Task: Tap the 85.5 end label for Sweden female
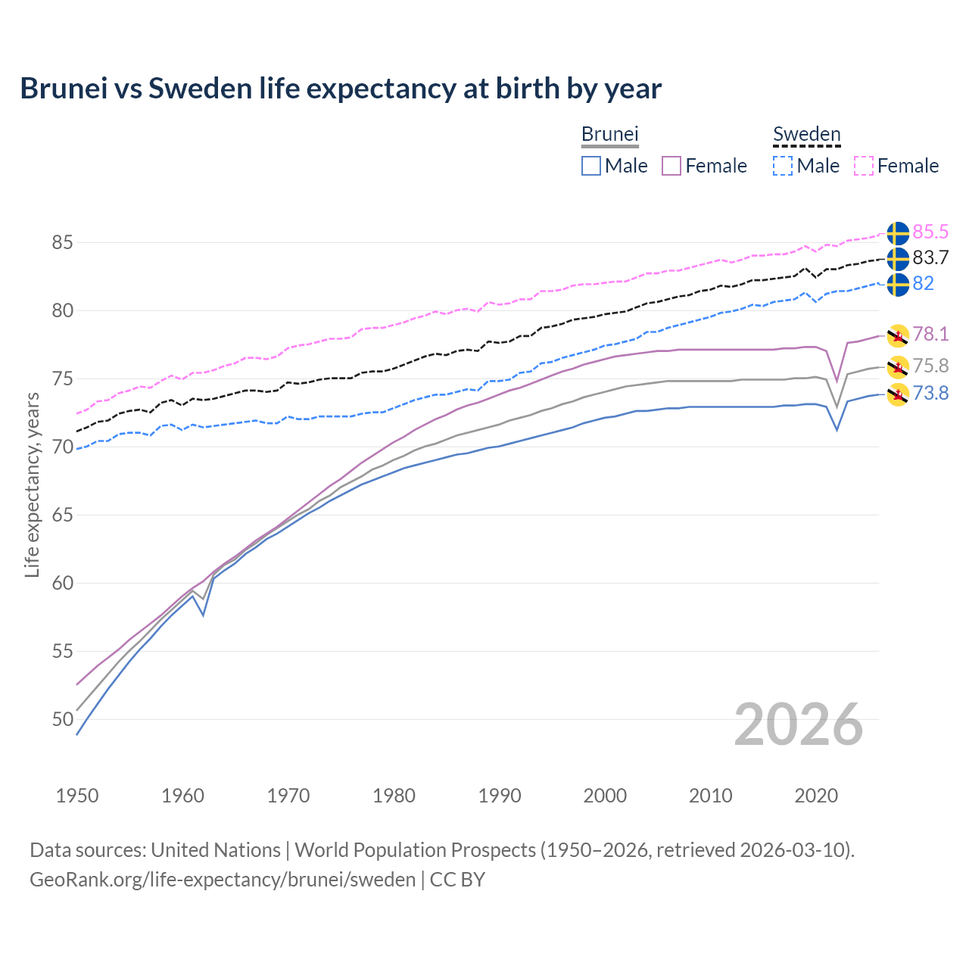coord(930,232)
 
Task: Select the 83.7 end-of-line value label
coord(930,257)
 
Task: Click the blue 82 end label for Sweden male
coord(923,283)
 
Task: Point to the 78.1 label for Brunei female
coord(930,334)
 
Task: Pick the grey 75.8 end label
coord(930,366)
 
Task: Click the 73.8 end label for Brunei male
coord(930,393)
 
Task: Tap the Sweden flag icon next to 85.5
coord(898,233)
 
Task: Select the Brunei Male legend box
coord(591,166)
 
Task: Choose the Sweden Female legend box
coord(864,166)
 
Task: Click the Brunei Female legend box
coord(671,166)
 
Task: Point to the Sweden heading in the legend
coord(806,135)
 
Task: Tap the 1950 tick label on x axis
coord(77,796)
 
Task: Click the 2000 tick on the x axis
coord(605,796)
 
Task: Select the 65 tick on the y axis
coord(62,515)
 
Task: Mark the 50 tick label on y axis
coord(62,719)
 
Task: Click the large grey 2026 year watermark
coord(798,724)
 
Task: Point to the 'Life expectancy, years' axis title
coord(32,484)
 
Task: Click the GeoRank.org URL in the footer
coord(223,879)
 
